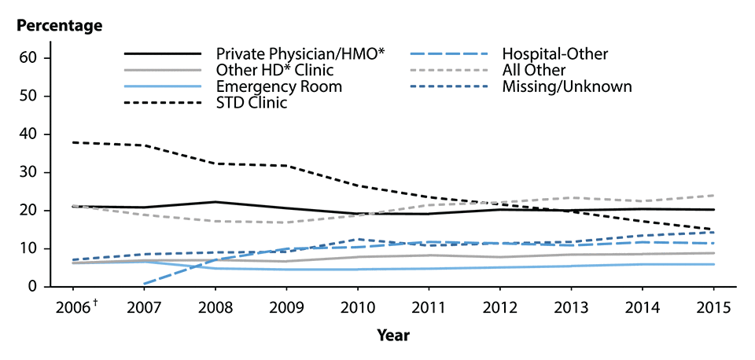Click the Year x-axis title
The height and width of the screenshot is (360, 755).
pos(392,334)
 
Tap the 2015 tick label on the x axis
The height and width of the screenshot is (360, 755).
pos(713,307)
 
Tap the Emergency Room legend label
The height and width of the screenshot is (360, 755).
pos(278,86)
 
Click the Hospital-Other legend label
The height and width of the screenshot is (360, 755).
pos(555,54)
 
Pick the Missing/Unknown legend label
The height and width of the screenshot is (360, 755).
pos(567,86)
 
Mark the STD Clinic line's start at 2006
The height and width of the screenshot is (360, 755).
pos(73,142)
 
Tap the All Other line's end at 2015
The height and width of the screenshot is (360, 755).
pos(713,195)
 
